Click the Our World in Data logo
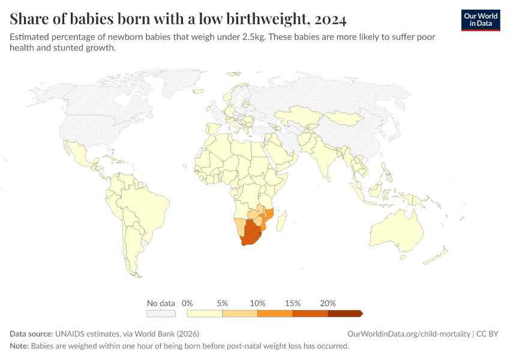(x=481, y=20)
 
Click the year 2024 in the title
(x=330, y=20)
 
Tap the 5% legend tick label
(x=223, y=303)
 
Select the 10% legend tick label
(x=257, y=303)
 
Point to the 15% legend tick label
(x=293, y=303)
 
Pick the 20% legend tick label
(x=328, y=303)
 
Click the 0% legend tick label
(x=187, y=303)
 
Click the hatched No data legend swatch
(x=161, y=313)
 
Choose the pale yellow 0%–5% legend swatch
(x=205, y=313)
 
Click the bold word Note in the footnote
(x=19, y=346)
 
